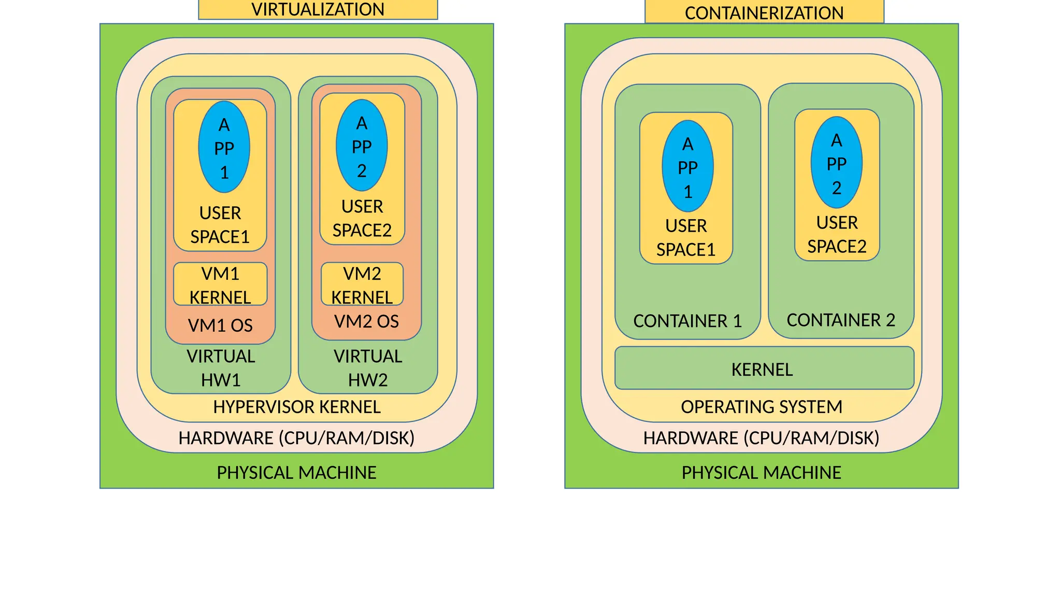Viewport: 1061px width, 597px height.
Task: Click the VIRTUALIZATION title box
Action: pos(318,9)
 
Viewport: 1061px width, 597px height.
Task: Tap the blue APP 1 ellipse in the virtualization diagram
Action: pos(224,147)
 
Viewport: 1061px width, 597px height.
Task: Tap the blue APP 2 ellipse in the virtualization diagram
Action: pos(362,146)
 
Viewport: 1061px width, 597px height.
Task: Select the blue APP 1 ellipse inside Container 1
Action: pos(687,166)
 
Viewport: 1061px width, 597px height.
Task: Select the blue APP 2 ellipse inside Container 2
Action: pos(836,163)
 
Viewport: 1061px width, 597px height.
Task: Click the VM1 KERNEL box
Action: pos(220,284)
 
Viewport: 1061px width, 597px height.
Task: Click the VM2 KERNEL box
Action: pos(362,284)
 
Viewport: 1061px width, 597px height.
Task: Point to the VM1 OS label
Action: pos(220,325)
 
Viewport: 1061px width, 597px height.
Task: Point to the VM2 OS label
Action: pos(366,321)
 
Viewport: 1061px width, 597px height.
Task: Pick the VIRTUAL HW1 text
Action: pos(221,368)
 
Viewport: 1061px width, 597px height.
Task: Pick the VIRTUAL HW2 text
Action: pos(368,368)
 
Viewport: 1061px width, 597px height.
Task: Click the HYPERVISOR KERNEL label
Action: pos(297,407)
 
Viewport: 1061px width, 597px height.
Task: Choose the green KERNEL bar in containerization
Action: pos(764,368)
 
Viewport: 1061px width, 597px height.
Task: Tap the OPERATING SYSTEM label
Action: pos(761,407)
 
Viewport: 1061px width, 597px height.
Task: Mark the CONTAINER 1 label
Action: pos(687,321)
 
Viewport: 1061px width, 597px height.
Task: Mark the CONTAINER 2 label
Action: pos(840,320)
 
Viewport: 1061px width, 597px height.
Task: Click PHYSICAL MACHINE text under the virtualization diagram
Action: pos(296,473)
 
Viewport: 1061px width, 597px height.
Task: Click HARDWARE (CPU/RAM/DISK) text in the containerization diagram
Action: pos(761,438)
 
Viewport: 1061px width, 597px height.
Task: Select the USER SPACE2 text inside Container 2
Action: pos(837,234)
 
